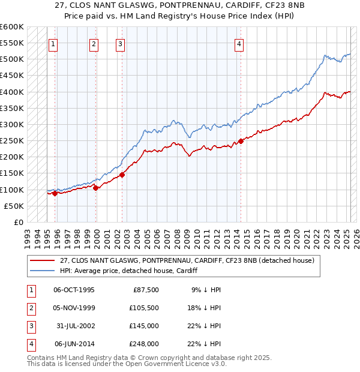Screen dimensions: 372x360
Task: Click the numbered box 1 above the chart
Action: point(53,43)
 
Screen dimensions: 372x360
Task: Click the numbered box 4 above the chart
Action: point(239,43)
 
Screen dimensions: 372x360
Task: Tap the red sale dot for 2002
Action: point(122,175)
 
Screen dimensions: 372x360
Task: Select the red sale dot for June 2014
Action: point(241,141)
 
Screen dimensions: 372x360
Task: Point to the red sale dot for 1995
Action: point(55,193)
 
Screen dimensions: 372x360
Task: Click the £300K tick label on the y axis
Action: point(12,125)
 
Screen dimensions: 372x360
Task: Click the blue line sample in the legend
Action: point(43,271)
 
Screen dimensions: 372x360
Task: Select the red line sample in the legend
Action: point(43,261)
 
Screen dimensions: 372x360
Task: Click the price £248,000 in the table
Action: point(144,344)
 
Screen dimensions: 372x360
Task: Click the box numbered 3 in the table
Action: point(30,326)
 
